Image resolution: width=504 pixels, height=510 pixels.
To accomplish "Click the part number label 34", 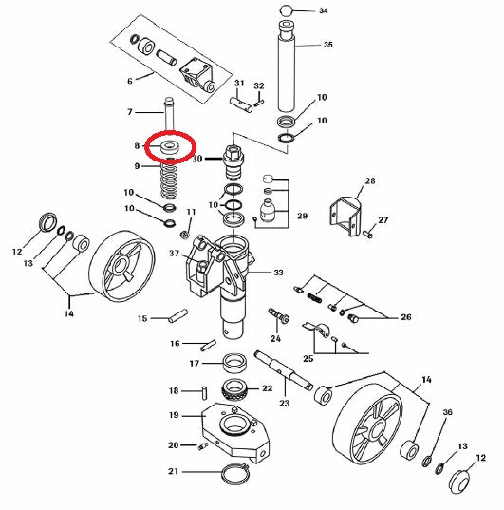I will (x=323, y=11).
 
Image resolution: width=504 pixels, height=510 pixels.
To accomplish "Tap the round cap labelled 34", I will (x=285, y=10).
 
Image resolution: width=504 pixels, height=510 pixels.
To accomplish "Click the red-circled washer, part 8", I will (x=170, y=147).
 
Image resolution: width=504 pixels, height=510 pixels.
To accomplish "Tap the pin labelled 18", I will (x=205, y=392).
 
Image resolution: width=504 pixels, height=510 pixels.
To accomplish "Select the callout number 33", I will (x=279, y=273).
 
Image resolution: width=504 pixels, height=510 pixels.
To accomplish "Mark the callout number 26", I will (x=406, y=318).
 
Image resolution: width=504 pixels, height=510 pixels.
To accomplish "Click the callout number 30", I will (x=197, y=160).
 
